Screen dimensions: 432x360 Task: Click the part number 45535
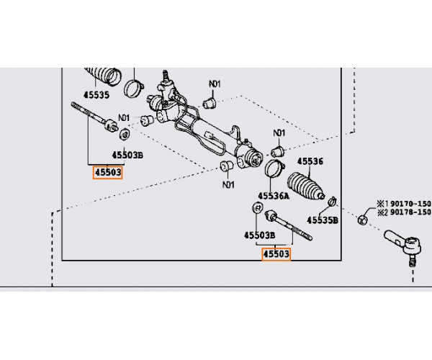[x=96, y=95]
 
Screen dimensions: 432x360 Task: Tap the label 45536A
[x=274, y=196]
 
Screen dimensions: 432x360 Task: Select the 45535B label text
[x=323, y=220]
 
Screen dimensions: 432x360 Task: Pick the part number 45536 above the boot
[x=310, y=161]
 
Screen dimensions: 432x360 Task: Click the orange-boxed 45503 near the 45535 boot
[x=108, y=173]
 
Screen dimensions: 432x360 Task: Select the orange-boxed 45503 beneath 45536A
[x=276, y=254]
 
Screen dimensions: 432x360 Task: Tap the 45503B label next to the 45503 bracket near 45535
[x=127, y=155]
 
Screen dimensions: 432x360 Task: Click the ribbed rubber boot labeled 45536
[x=306, y=186]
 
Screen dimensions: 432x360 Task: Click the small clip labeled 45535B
[x=333, y=202]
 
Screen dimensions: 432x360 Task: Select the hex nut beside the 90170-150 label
[x=363, y=220]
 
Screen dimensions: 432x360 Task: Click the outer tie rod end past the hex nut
[x=404, y=242]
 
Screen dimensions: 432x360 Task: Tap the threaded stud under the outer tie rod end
[x=412, y=261]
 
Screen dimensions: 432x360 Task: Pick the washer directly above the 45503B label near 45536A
[x=257, y=207]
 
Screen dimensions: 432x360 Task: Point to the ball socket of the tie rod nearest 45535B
[x=271, y=215]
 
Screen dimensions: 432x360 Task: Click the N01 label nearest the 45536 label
[x=279, y=133]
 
